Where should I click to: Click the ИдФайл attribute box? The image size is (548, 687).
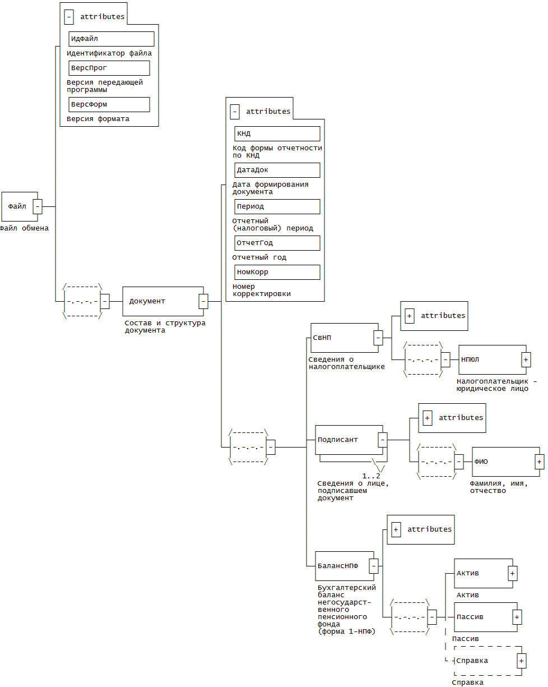coord(111,39)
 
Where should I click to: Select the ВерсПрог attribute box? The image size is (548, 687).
coord(109,68)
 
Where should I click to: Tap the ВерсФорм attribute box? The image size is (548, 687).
coord(109,104)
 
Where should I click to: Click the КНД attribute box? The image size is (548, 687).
coord(277,133)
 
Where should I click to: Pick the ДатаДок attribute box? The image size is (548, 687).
coord(277,170)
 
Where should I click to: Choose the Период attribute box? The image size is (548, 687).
coord(277,206)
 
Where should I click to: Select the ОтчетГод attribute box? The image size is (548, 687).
coord(277,243)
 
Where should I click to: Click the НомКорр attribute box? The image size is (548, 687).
coord(277,272)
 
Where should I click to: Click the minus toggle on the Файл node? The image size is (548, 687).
coord(38,206)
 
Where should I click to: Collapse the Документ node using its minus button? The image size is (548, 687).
coord(203,301)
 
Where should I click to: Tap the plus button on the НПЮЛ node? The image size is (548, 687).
coord(526,359)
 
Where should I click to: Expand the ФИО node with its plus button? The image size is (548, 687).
coord(539,462)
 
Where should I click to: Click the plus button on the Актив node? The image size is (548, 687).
coord(512,573)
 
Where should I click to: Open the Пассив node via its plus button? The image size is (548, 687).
coord(517,617)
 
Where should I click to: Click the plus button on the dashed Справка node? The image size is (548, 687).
coord(521,661)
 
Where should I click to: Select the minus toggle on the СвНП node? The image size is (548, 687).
coord(378,338)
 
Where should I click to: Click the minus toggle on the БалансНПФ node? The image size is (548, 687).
coord(374,566)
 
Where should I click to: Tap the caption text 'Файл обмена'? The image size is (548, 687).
coord(24,228)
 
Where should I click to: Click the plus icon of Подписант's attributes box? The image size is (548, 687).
coord(428,418)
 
